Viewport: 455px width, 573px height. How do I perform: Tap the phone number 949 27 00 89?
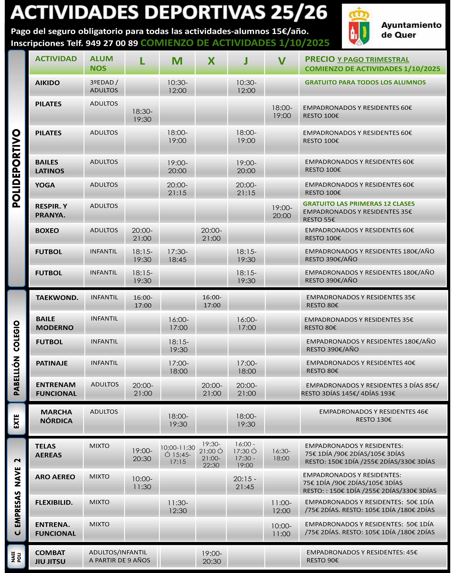point(112,43)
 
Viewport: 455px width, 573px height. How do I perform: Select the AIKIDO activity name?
point(47,83)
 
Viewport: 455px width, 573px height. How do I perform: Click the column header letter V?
point(282,61)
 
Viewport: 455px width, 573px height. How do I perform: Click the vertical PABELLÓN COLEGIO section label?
point(17,358)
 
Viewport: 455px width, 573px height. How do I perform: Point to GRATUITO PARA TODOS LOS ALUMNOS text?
point(365,82)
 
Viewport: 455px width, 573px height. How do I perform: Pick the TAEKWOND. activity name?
point(57,298)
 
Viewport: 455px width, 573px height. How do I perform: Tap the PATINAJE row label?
point(52,363)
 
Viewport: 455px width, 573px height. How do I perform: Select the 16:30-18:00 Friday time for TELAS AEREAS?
point(281,455)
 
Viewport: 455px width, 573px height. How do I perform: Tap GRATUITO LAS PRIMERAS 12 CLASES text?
point(358,204)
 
